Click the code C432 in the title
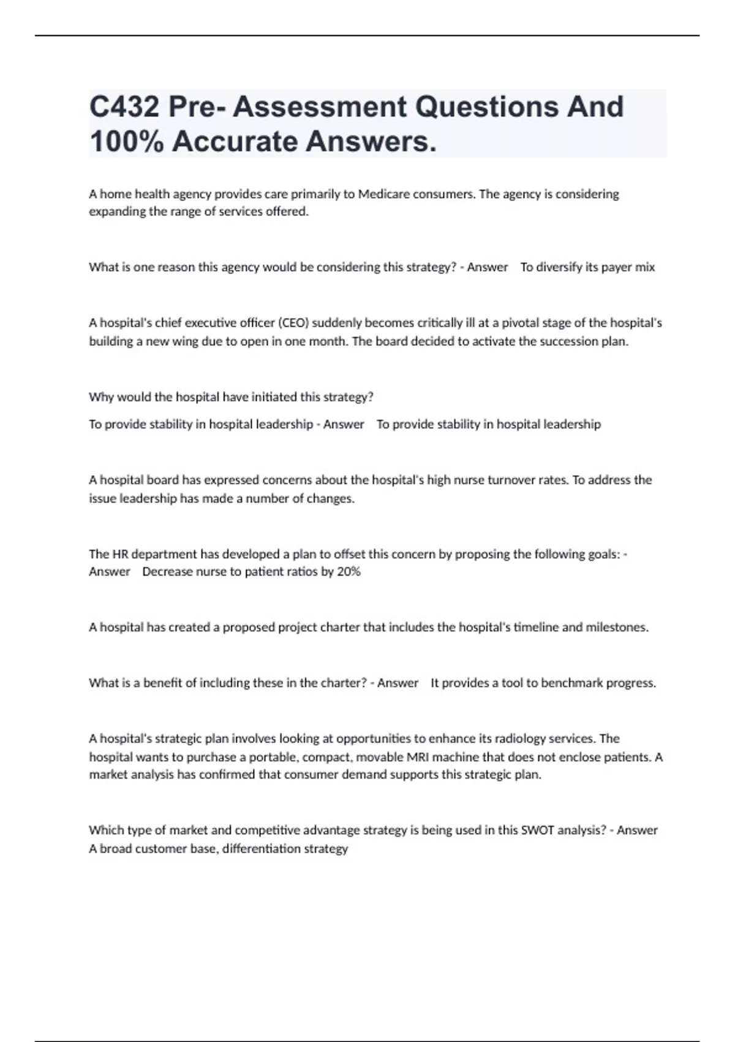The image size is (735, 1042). click(124, 107)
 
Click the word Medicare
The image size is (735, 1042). click(385, 194)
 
